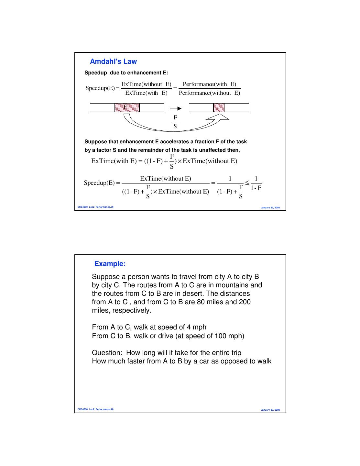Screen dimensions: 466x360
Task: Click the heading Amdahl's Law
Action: click(113, 61)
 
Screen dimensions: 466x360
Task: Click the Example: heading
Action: click(110, 264)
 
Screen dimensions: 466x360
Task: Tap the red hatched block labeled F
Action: click(127, 107)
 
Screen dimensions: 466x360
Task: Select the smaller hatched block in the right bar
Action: click(219, 107)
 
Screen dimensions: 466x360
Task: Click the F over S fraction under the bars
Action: click(175, 122)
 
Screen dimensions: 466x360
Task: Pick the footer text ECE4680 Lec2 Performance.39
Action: click(95, 207)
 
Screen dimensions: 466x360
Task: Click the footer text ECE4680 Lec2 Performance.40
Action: click(95, 409)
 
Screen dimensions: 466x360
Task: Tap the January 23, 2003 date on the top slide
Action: click(270, 207)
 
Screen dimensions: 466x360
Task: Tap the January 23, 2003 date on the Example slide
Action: click(270, 410)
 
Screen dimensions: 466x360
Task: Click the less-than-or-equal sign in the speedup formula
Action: click(247, 183)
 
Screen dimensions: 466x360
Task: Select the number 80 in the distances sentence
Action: click(201, 302)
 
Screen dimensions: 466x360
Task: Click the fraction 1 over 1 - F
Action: click(256, 183)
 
